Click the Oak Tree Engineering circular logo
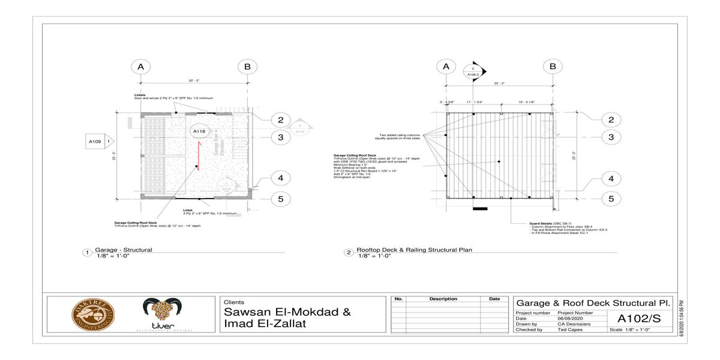[x=93, y=314]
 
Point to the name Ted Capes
[x=570, y=329]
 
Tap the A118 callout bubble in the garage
[x=199, y=131]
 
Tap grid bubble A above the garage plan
[x=141, y=67]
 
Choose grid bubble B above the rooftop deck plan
[x=553, y=67]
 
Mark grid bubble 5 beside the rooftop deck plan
[x=611, y=199]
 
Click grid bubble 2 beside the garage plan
[x=280, y=120]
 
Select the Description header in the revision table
[x=443, y=299]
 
